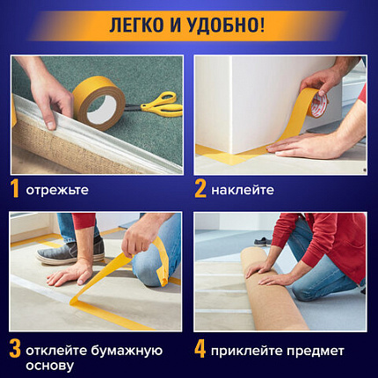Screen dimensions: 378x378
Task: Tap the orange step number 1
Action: (15, 189)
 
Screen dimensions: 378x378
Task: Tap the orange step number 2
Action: (200, 189)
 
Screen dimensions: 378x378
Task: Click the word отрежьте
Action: (57, 190)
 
